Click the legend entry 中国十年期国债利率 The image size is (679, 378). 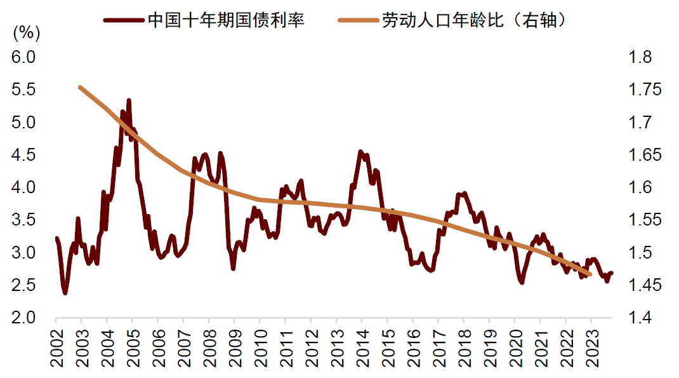(226, 20)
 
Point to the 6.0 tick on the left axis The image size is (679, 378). (23, 57)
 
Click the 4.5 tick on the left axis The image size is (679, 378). (23, 155)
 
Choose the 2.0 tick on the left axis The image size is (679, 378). (23, 318)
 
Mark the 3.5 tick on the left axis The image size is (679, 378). (23, 220)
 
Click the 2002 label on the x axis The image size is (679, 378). (56, 349)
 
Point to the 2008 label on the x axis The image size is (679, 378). (209, 349)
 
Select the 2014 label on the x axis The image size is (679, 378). (362, 349)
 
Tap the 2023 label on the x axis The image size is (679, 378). (591, 349)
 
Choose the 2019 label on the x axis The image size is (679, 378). (489, 349)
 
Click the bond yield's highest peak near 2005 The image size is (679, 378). (129, 100)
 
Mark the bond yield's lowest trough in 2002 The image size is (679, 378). (65, 293)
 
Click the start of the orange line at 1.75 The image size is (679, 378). (80, 87)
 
